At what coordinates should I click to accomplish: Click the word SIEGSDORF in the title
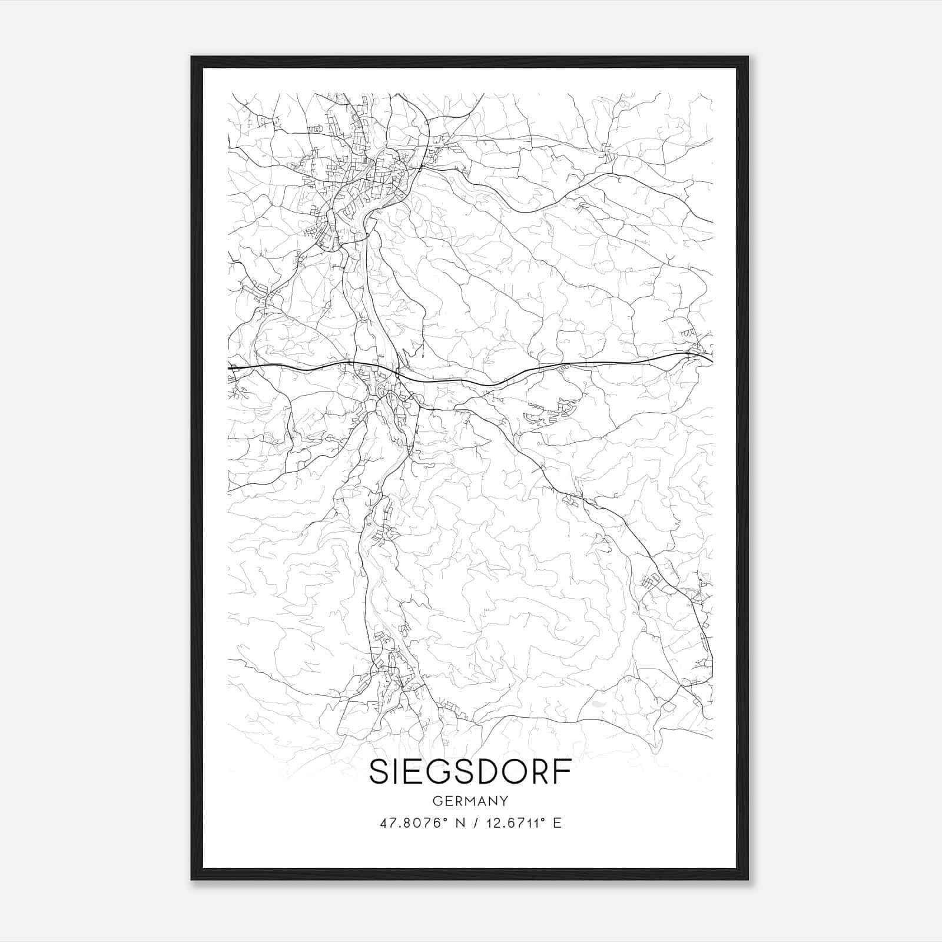(470, 773)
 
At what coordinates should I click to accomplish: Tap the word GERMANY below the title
(470, 801)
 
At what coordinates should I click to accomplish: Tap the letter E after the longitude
(557, 823)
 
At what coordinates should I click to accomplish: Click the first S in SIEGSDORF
(380, 773)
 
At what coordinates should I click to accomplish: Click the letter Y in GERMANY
(504, 801)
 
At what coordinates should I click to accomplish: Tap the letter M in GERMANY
(470, 801)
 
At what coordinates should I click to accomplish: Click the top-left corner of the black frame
(192, 58)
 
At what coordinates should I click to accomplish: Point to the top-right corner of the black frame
(747, 58)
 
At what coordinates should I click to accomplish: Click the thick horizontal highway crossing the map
(294, 367)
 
